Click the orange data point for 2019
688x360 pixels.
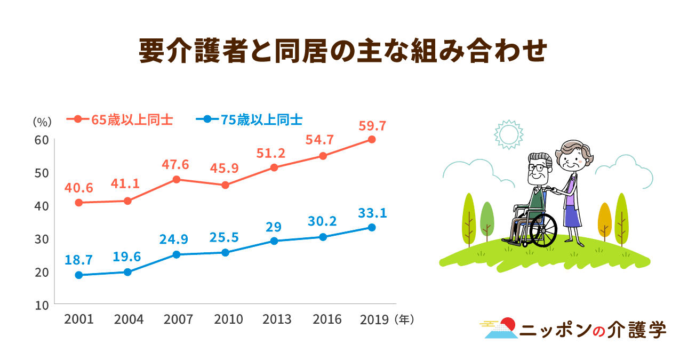[372, 140]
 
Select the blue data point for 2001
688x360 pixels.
[79, 275]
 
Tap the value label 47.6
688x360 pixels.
[175, 164]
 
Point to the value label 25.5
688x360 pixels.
[225, 237]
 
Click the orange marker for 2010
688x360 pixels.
[225, 185]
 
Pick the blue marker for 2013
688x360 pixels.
[274, 241]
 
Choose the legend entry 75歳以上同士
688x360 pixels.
[262, 119]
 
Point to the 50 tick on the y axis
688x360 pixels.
[43, 173]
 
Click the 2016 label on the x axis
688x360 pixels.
[327, 319]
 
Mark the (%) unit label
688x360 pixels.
[42, 122]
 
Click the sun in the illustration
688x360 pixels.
[507, 134]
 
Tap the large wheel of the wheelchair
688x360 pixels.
[543, 230]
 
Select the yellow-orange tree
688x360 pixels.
[604, 220]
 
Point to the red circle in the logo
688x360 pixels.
[509, 324]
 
